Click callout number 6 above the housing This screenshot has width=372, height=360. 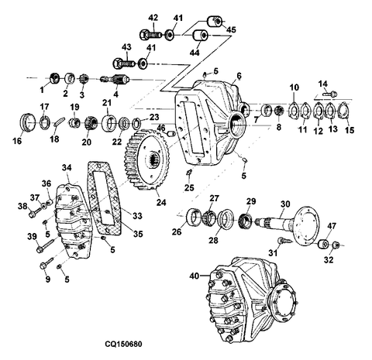click(239, 75)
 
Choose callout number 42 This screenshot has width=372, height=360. click(153, 17)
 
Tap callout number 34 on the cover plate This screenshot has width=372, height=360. click(67, 166)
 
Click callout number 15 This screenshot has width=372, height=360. click(349, 130)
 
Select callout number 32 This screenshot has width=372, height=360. click(330, 261)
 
